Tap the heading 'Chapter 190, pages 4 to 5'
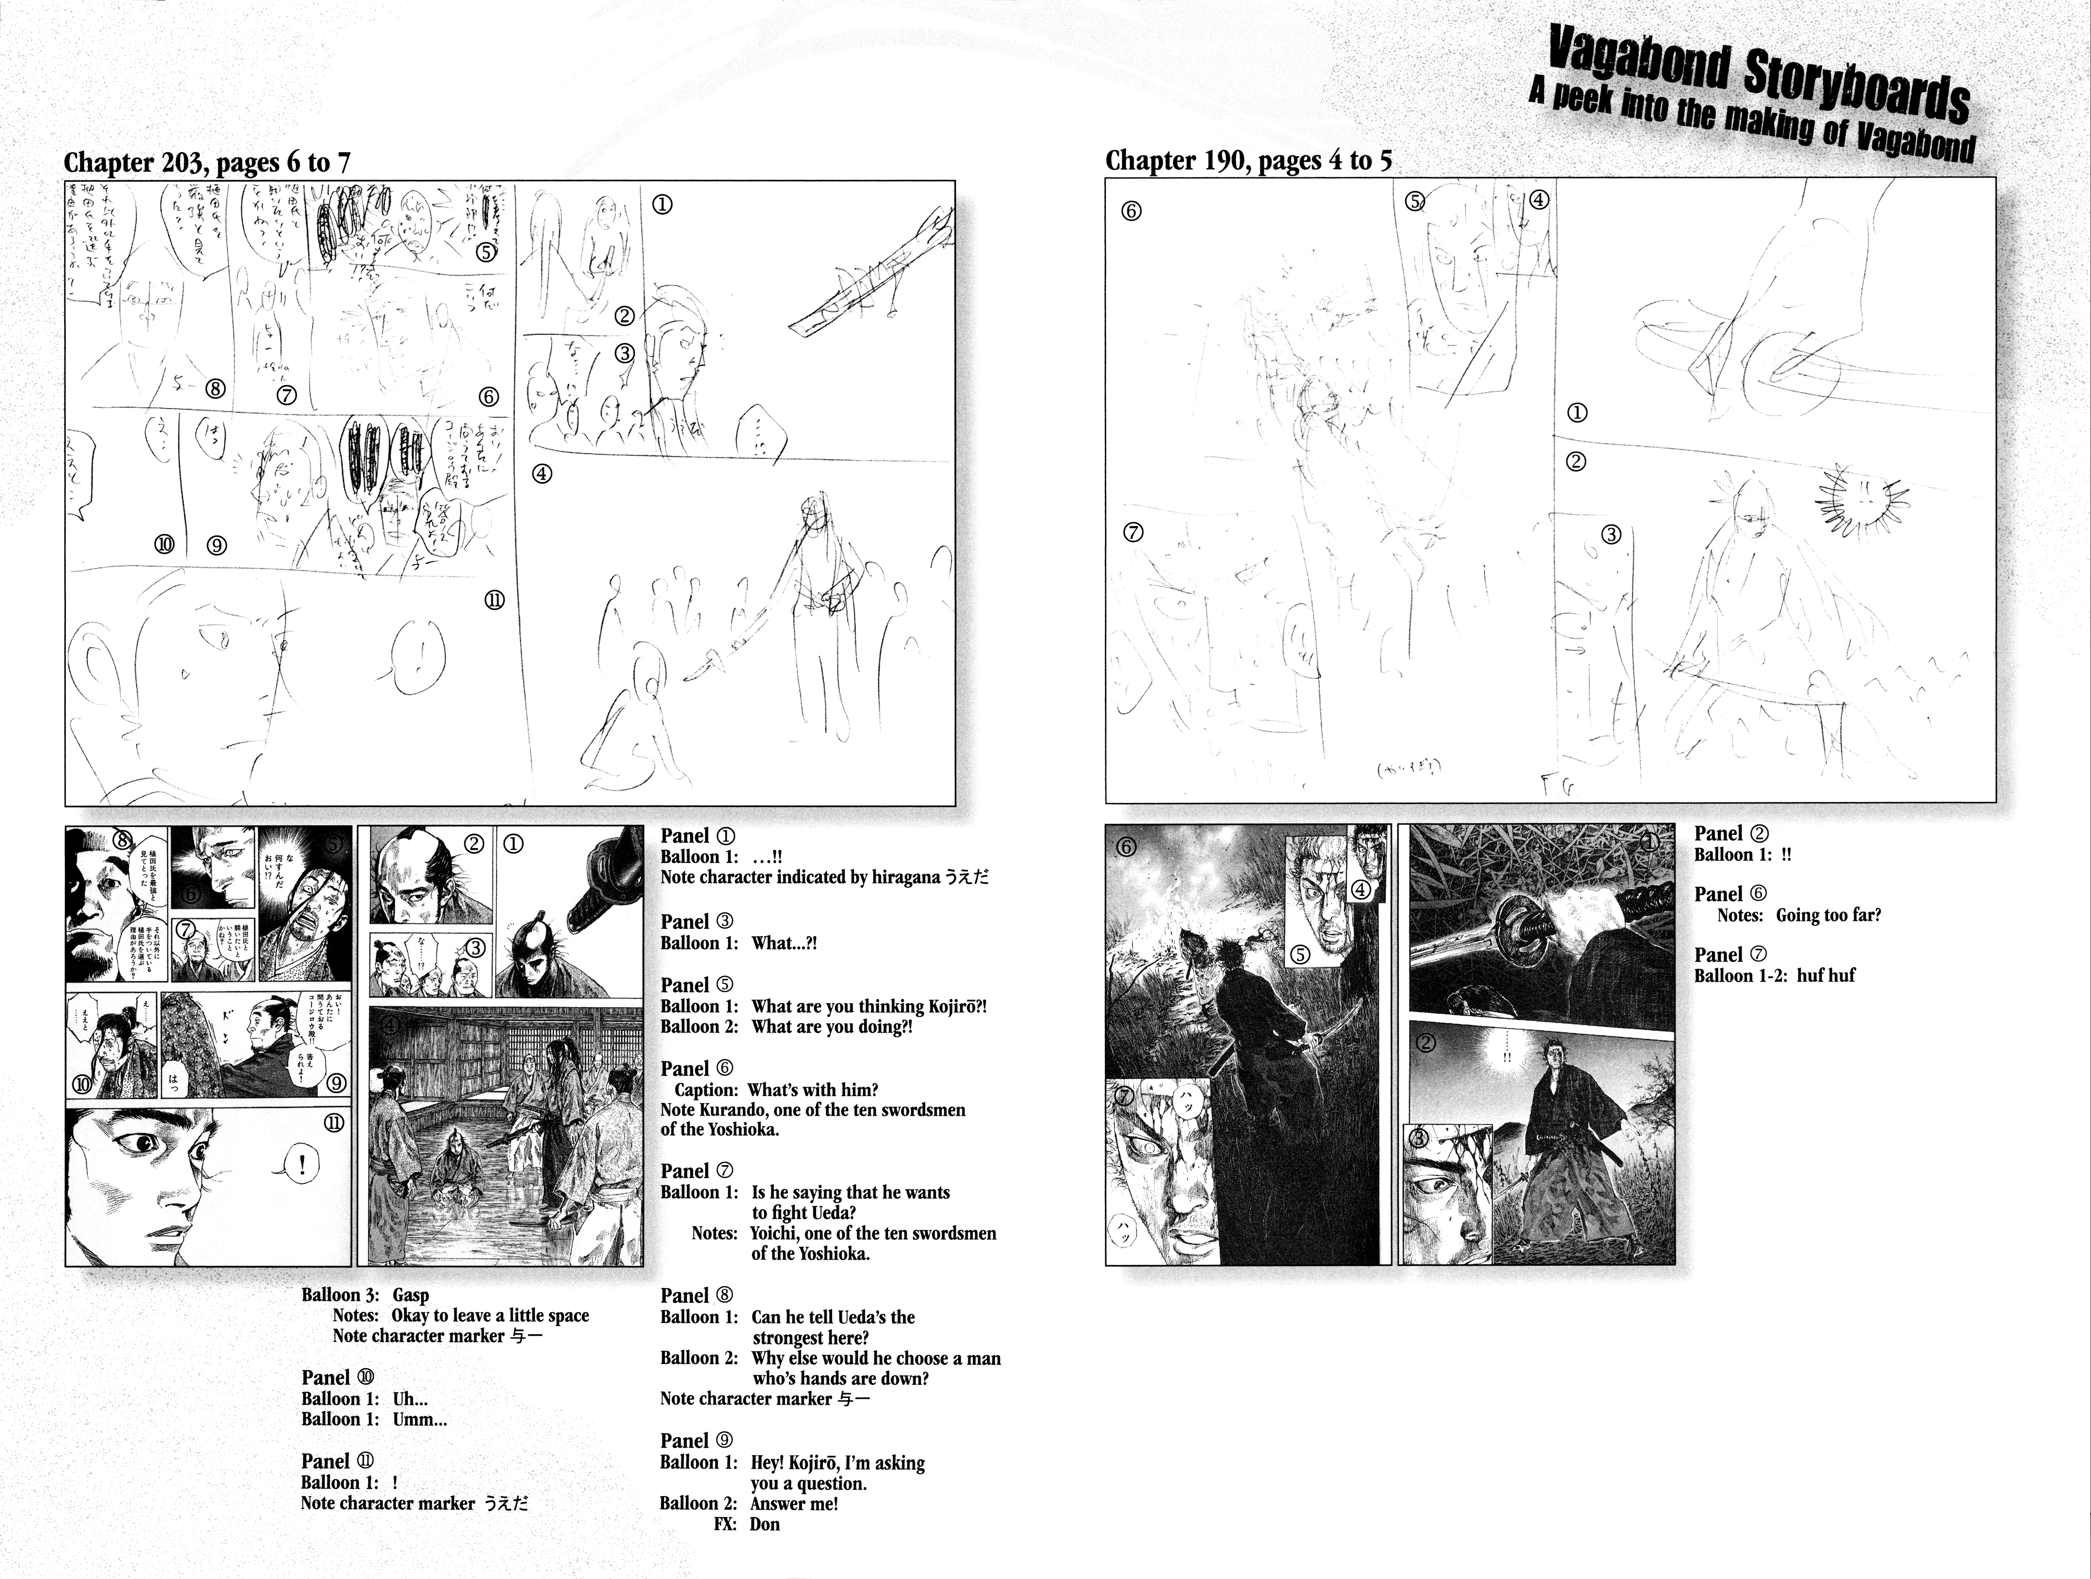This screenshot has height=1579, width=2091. (x=1248, y=161)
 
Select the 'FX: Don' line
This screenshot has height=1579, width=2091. (x=747, y=1524)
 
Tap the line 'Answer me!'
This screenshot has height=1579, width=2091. (x=794, y=1503)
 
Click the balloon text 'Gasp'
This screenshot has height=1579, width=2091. (x=410, y=1295)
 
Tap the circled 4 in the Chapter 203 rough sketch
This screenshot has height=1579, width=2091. (x=542, y=474)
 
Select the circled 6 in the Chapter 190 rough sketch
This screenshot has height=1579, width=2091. (x=1130, y=211)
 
